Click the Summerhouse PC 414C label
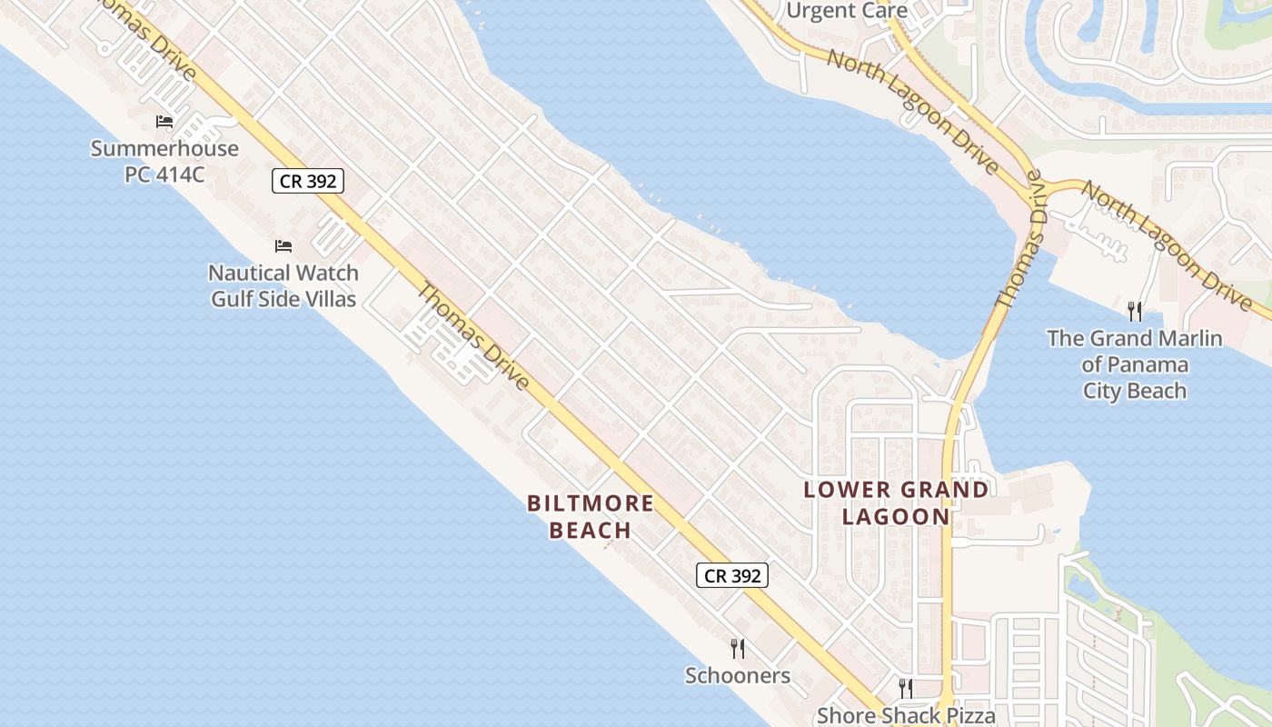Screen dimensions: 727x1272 click(x=164, y=161)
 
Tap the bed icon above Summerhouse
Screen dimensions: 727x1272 click(x=164, y=122)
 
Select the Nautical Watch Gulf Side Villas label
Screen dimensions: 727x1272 click(x=283, y=285)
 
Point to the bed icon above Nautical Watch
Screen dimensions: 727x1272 click(x=283, y=246)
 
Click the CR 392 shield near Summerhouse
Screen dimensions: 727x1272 click(x=308, y=181)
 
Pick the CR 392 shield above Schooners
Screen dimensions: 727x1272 click(x=732, y=575)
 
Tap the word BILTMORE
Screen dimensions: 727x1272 click(x=590, y=503)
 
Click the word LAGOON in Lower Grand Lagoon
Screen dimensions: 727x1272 click(x=896, y=516)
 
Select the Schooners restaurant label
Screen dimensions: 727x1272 click(x=738, y=675)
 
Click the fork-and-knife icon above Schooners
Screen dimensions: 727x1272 click(x=738, y=648)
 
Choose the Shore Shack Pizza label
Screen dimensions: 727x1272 click(x=906, y=715)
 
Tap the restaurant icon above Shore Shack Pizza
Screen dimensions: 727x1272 click(x=906, y=688)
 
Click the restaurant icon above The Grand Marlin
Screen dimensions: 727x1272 click(x=1135, y=312)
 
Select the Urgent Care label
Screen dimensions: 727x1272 click(x=847, y=11)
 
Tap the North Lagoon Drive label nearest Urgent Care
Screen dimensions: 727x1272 click(x=914, y=113)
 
